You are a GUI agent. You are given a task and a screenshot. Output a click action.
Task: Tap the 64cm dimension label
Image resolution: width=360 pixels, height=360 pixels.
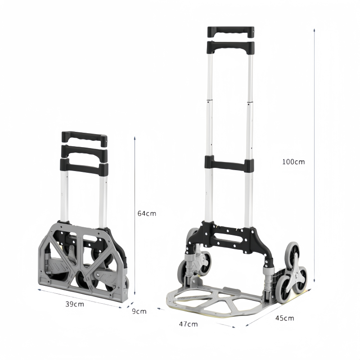point(147,213)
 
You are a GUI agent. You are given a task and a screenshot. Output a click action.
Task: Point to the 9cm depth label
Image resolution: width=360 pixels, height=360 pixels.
point(139,311)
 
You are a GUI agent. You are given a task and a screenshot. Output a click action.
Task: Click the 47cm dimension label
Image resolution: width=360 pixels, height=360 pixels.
point(188,324)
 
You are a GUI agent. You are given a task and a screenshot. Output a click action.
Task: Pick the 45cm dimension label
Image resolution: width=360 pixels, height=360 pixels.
point(284,318)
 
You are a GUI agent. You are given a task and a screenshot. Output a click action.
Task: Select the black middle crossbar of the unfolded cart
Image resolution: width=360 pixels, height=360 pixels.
point(229,164)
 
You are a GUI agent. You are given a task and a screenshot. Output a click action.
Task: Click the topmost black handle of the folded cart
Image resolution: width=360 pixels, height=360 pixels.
point(84,136)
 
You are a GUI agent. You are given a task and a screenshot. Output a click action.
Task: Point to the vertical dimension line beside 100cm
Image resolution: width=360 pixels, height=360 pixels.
point(314,153)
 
